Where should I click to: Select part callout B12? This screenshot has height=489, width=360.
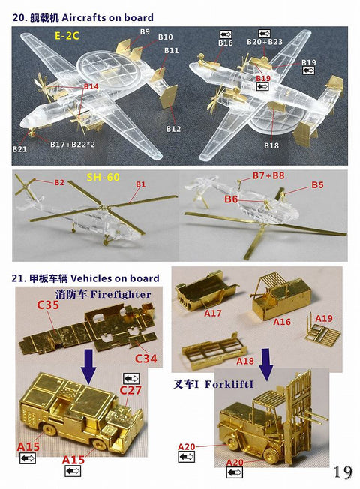(173, 129)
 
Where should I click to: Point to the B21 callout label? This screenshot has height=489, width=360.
(19, 149)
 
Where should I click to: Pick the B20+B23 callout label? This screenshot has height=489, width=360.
(264, 43)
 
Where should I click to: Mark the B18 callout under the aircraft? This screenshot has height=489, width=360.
(271, 144)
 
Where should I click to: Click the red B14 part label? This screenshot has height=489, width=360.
(91, 87)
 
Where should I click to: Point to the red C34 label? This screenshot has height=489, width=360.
(145, 359)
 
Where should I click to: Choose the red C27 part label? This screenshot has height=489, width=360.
(130, 390)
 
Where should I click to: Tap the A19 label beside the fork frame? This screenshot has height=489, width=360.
(323, 319)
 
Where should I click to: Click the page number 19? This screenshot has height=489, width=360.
(343, 472)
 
